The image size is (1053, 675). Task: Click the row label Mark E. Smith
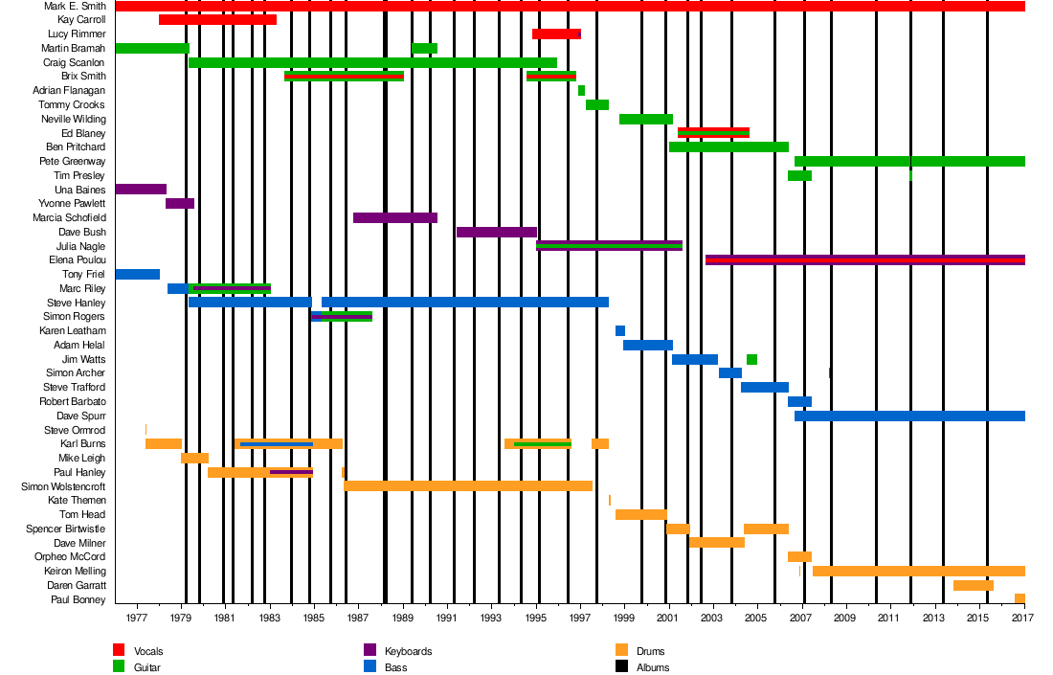pyautogui.click(x=75, y=6)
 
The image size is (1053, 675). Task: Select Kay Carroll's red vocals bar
pyautogui.click(x=217, y=20)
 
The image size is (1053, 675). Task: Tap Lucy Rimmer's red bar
pyautogui.click(x=556, y=34)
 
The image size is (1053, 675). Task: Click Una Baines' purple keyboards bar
pyautogui.click(x=141, y=190)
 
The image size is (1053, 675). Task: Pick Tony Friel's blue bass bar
pyautogui.click(x=137, y=275)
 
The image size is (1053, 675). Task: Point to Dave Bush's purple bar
pyautogui.click(x=497, y=232)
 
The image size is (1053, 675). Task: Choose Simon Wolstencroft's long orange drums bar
pyautogui.click(x=468, y=486)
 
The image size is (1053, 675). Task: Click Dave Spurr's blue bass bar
pyautogui.click(x=909, y=416)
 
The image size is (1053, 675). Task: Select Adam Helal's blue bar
pyautogui.click(x=648, y=346)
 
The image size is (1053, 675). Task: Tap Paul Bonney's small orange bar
pyautogui.click(x=1019, y=599)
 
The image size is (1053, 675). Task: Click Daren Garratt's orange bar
pyautogui.click(x=973, y=585)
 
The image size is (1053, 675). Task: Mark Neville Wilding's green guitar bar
pyautogui.click(x=646, y=120)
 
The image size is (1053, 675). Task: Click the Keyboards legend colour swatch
pyautogui.click(x=370, y=650)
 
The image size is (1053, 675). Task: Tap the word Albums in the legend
pyautogui.click(x=653, y=667)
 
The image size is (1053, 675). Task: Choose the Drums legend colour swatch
pyautogui.click(x=621, y=650)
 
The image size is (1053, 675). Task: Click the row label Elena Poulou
pyautogui.click(x=77, y=260)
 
